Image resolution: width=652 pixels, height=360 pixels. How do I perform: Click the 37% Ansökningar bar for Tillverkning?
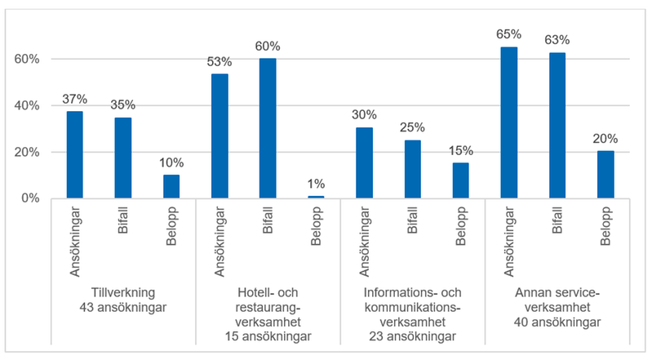tap(74, 155)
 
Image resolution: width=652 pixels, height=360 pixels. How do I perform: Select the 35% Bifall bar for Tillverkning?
tap(122, 158)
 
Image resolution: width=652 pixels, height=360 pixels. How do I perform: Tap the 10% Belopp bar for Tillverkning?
tap(171, 186)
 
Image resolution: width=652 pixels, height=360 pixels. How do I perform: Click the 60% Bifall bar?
tap(268, 128)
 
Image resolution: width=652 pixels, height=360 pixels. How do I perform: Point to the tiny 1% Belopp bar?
tap(316, 197)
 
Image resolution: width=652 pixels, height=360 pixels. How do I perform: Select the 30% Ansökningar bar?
tap(364, 163)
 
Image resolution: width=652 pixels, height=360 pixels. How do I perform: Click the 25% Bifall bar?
tap(413, 169)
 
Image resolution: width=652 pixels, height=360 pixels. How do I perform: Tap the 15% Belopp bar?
tap(461, 180)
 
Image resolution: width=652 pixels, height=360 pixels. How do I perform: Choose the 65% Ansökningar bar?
tap(509, 122)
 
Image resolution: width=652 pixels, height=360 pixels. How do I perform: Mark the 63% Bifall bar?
tap(557, 125)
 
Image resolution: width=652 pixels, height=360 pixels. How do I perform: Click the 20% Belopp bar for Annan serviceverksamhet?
tap(605, 175)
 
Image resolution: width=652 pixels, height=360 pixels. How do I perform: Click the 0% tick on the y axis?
tap(31, 198)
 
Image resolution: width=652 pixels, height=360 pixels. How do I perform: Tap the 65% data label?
tap(509, 35)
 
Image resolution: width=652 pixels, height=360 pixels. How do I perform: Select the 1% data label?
tap(316, 185)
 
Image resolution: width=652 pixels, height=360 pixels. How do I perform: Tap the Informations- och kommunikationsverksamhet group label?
tap(413, 314)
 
